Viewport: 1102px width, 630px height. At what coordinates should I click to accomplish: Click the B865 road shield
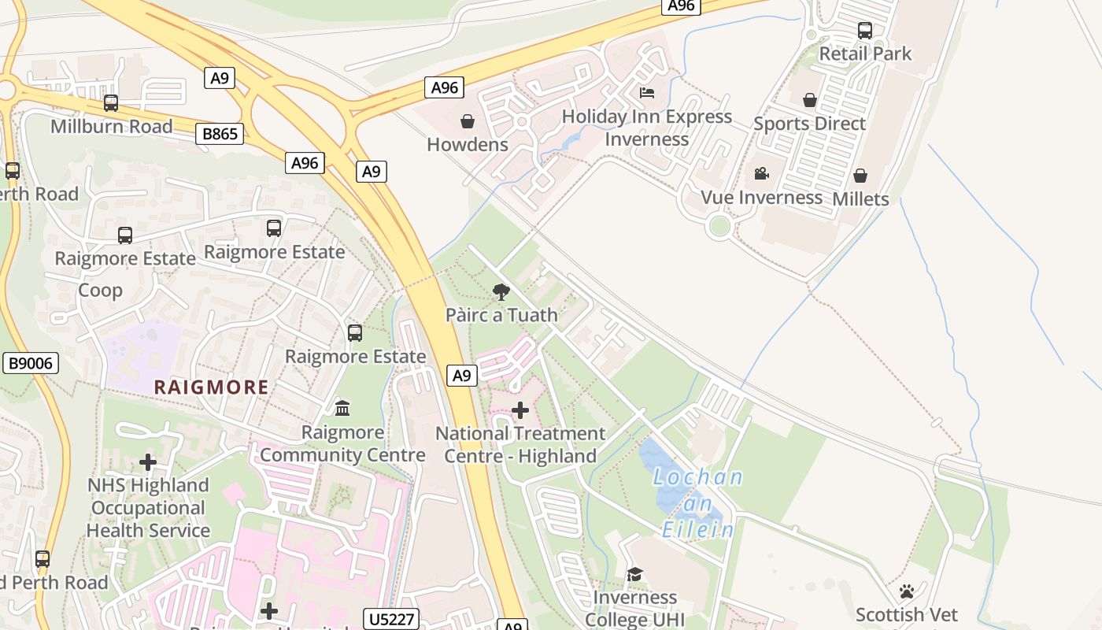pyautogui.click(x=220, y=134)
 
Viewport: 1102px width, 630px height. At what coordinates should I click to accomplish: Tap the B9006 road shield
pyautogui.click(x=30, y=363)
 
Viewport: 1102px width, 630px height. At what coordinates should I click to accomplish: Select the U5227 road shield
pyautogui.click(x=391, y=619)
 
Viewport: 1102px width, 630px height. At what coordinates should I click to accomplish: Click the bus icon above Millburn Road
pyautogui.click(x=111, y=103)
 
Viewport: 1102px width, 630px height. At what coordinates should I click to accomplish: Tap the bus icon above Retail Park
pyautogui.click(x=864, y=31)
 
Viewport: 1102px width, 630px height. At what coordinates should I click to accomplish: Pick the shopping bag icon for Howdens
pyautogui.click(x=468, y=121)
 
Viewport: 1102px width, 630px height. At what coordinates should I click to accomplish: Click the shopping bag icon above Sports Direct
pyautogui.click(x=809, y=101)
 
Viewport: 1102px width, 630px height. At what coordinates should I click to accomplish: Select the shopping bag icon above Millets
pyautogui.click(x=860, y=176)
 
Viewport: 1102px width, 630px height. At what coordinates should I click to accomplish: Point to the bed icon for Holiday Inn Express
pyautogui.click(x=646, y=93)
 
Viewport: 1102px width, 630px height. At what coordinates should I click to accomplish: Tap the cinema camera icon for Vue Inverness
pyautogui.click(x=761, y=174)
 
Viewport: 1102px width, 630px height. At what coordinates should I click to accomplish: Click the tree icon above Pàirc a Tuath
pyautogui.click(x=501, y=292)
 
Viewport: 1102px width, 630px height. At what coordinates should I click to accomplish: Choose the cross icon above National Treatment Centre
pyautogui.click(x=520, y=410)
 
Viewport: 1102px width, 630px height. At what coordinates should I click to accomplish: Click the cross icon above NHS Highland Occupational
pyautogui.click(x=147, y=462)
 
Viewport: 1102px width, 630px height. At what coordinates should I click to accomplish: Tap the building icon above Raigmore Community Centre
pyautogui.click(x=342, y=409)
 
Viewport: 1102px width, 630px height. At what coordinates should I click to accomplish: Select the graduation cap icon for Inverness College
pyautogui.click(x=634, y=575)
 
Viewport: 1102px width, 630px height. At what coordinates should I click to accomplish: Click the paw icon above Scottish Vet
pyautogui.click(x=907, y=591)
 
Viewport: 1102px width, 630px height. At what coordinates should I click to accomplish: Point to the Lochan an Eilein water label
pyautogui.click(x=698, y=503)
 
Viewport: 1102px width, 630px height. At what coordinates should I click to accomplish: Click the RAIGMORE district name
pyautogui.click(x=211, y=387)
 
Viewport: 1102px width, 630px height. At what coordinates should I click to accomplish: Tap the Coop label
pyautogui.click(x=100, y=291)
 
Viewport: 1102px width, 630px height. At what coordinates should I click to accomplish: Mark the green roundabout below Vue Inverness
pyautogui.click(x=719, y=226)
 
